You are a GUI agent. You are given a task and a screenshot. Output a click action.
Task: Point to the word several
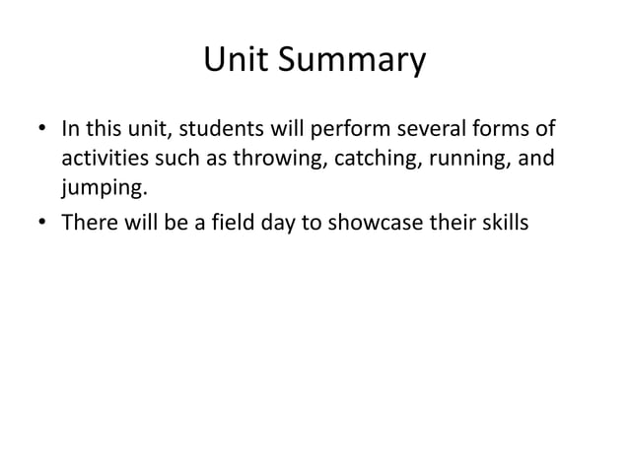tap(419, 130)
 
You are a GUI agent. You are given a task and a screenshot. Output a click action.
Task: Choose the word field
tap(236, 223)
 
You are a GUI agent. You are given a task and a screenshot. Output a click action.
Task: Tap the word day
tap(278, 223)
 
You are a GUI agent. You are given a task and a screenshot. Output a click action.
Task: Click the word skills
tap(505, 223)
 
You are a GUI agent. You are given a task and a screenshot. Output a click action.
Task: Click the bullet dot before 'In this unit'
tap(43, 131)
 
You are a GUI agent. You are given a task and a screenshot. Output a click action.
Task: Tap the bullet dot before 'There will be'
tap(43, 224)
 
